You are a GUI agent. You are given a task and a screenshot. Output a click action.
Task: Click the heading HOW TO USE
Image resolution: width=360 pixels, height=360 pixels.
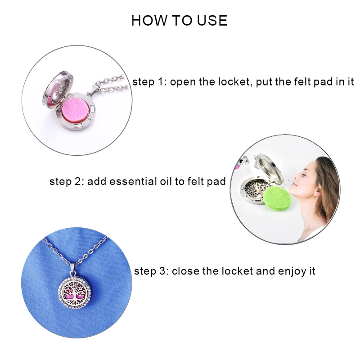click(180, 21)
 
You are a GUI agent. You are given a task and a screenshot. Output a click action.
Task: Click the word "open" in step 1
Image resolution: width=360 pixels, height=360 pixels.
click(184, 82)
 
